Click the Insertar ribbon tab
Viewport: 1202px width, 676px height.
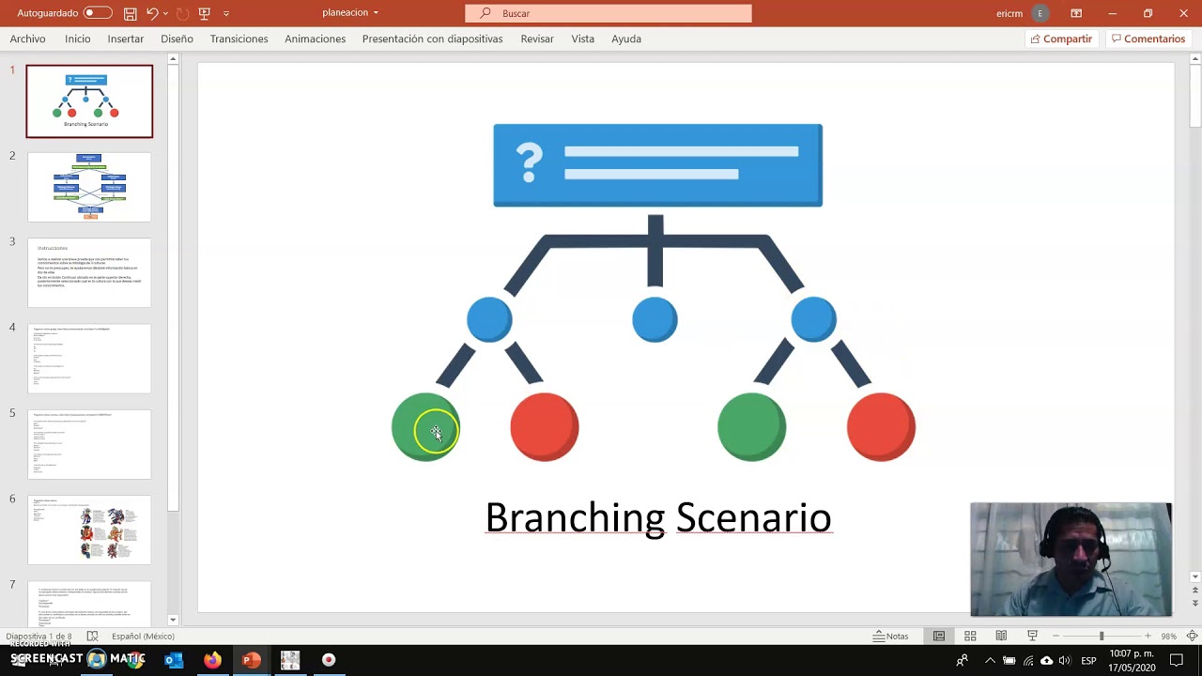125,38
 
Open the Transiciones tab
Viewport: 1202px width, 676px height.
239,38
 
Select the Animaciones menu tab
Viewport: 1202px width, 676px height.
315,38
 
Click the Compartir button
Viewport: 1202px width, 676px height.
1061,38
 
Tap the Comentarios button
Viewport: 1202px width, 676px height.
1148,38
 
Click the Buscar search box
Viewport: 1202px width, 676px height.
609,13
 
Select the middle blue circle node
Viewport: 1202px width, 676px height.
655,319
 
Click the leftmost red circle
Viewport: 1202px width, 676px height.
545,427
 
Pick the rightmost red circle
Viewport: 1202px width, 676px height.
881,427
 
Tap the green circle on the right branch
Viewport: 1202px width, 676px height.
751,427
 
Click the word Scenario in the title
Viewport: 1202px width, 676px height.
753,517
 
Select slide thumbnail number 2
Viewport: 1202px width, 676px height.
89,187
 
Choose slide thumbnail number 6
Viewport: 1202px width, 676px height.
89,530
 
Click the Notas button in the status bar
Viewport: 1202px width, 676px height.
890,636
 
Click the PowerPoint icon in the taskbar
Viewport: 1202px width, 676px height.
251,660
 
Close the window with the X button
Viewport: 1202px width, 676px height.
1183,13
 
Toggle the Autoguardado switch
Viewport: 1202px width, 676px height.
98,13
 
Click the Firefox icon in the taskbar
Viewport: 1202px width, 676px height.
212,660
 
